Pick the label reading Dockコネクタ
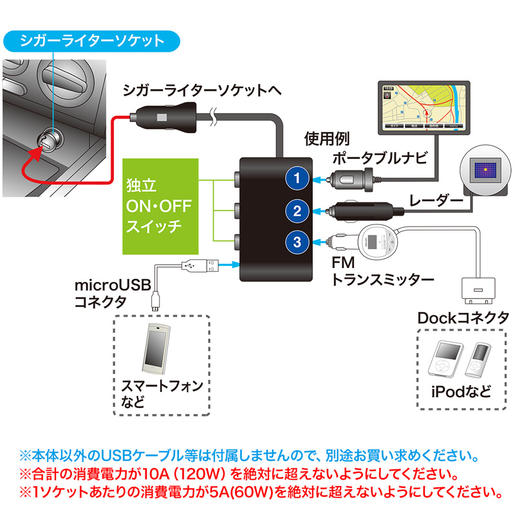coord(464,317)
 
